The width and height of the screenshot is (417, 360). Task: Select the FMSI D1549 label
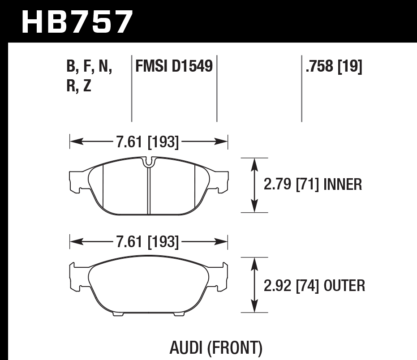coord(174,68)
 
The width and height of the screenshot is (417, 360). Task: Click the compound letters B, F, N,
coord(90,68)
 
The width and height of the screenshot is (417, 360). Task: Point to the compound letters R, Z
coord(78,86)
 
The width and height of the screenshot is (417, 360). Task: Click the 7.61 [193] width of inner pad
coord(147,142)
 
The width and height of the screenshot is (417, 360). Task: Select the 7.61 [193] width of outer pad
coord(147,243)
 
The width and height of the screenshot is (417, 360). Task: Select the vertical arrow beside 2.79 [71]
coord(254,184)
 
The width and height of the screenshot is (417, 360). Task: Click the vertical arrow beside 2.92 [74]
coord(254,285)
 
